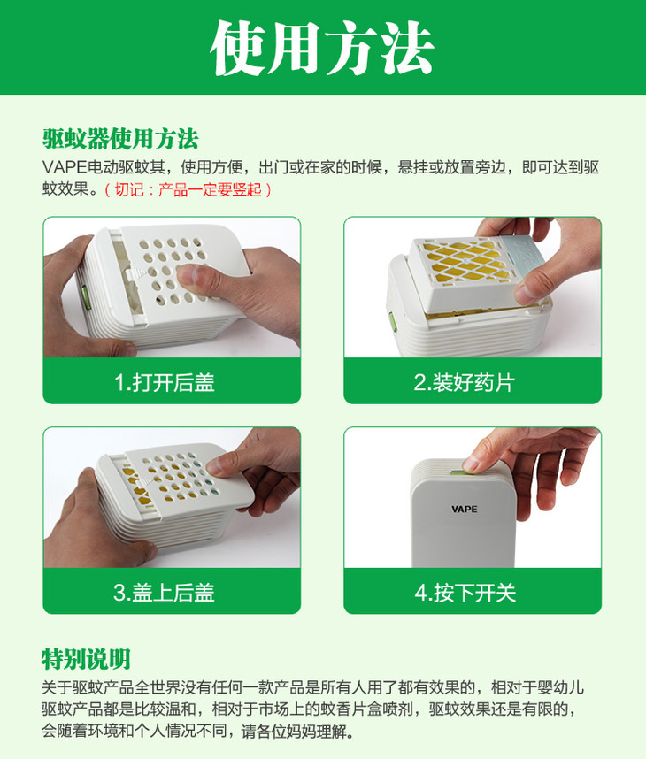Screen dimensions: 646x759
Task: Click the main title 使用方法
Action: click(322, 48)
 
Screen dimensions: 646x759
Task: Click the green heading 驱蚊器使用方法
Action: click(120, 140)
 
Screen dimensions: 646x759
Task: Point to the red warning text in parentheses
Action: click(188, 189)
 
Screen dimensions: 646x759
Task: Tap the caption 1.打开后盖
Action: click(165, 382)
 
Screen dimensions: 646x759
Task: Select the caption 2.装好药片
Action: click(465, 382)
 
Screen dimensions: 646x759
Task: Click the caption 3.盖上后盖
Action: click(165, 593)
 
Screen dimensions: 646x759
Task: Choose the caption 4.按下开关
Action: click(465, 593)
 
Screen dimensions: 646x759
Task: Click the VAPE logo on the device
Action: click(464, 510)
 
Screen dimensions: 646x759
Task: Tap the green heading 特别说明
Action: click(86, 659)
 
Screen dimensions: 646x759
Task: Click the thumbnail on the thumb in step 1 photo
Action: click(187, 274)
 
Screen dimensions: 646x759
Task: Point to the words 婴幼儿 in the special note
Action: click(561, 687)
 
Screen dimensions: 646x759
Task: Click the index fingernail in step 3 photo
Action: click(214, 465)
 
